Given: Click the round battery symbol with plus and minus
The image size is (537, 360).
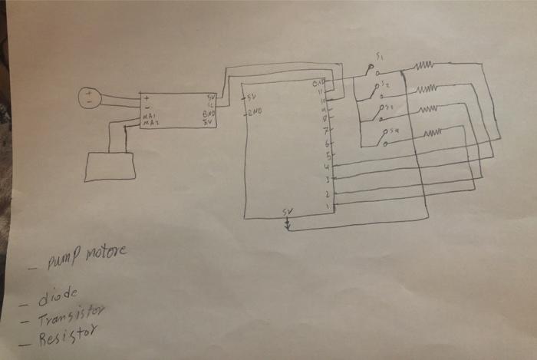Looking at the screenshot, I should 91,97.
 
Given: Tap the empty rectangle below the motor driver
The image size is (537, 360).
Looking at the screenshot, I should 109,167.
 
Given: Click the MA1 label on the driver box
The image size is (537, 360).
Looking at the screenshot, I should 150,117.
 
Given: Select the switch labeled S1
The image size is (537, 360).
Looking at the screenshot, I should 374,71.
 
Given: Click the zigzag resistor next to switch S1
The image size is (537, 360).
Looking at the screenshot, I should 425,67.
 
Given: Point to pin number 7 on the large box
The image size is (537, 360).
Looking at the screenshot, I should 326,131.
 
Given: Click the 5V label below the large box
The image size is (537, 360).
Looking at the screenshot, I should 288,211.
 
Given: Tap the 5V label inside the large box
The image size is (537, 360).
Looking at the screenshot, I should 250,98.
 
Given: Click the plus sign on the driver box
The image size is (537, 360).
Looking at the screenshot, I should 146,98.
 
